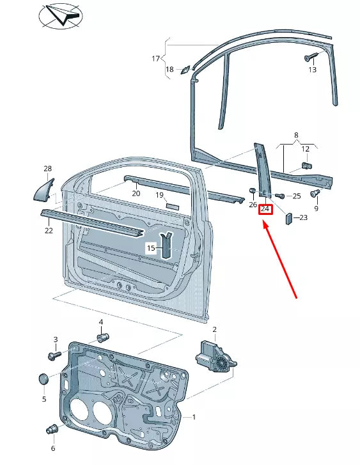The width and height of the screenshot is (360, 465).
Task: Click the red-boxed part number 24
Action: (265, 209)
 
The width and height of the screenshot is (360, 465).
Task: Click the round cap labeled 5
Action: (44, 379)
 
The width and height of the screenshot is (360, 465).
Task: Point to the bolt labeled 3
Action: (54, 355)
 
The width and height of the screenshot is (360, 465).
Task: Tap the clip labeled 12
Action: (307, 166)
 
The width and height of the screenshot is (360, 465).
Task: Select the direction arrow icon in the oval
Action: (61, 15)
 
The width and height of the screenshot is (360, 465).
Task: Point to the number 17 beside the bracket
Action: (155, 59)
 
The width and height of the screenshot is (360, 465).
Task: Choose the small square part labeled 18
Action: (185, 70)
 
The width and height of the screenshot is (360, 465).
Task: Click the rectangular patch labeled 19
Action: (173, 207)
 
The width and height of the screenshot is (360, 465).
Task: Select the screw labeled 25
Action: (279, 196)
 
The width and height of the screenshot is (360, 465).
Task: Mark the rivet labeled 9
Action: (315, 193)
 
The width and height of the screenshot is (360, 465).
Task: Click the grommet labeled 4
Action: (103, 338)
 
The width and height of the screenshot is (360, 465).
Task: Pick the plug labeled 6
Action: (52, 429)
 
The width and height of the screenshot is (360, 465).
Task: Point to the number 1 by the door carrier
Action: (194, 417)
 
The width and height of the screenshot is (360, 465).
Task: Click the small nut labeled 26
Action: (252, 190)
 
